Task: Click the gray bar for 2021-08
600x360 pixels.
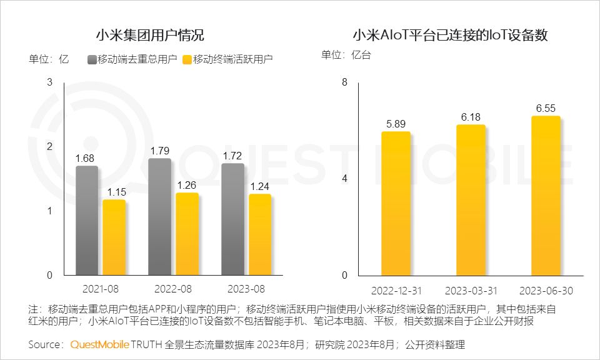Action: click(87, 220)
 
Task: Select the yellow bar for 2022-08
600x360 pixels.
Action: click(187, 234)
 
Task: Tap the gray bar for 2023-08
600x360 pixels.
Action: click(232, 219)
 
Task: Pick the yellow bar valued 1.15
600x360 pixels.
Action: click(114, 237)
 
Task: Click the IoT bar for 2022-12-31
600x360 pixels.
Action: click(396, 203)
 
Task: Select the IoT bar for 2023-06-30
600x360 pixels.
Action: click(546, 196)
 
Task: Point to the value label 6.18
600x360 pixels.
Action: click(471, 117)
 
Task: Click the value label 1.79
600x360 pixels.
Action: click(160, 151)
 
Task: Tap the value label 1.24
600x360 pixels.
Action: click(260, 186)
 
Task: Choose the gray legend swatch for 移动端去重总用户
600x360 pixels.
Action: click(92, 59)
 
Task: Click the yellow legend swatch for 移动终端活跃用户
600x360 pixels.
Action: click(187, 59)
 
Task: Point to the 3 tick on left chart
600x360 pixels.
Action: click(50, 81)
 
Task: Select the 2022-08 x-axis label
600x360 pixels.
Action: click(174, 289)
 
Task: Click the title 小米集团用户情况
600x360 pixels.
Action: click(149, 35)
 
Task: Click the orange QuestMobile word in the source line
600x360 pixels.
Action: click(100, 344)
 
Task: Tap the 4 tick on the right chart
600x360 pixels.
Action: click(343, 179)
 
